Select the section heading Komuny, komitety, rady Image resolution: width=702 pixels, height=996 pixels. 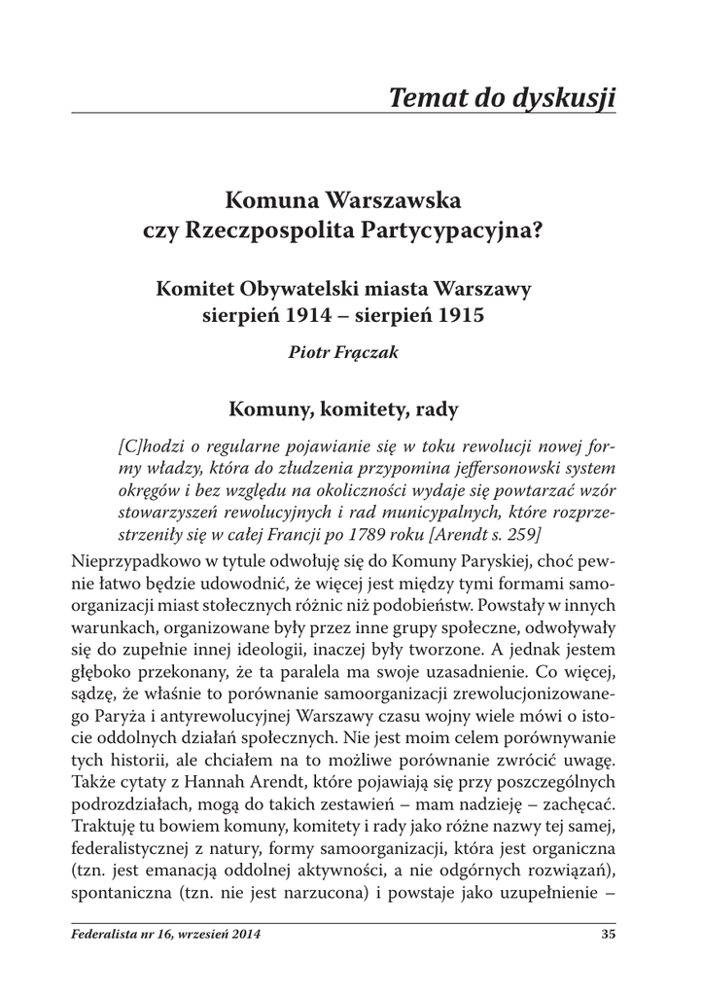click(344, 409)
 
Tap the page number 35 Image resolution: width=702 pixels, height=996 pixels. click(609, 936)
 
